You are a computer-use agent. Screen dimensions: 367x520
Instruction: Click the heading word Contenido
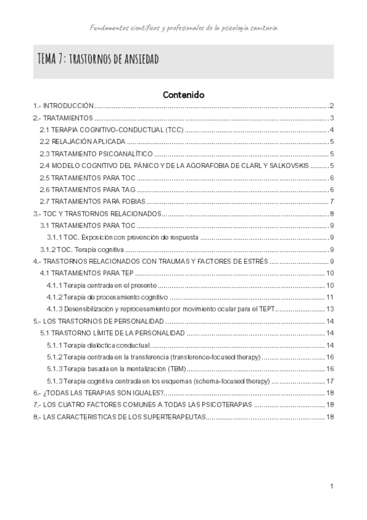[183, 95]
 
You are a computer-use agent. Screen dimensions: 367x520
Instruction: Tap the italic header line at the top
[183, 28]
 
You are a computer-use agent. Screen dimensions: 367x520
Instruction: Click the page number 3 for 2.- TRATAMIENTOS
[331, 118]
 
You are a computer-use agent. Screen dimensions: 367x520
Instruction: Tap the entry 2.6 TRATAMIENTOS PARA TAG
[88, 189]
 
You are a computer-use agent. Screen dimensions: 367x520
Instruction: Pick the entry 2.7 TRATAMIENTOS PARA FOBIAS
[92, 201]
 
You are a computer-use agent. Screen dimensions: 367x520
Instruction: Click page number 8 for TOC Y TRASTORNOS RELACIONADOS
[331, 213]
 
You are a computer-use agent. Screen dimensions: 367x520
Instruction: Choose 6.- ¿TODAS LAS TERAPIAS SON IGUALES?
[98, 392]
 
